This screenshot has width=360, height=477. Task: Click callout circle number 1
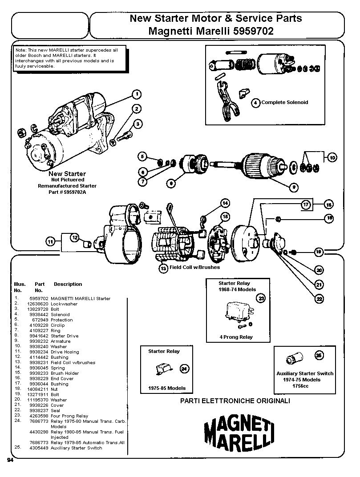pos(137,94)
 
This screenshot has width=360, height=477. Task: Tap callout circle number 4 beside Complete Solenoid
pos(256,103)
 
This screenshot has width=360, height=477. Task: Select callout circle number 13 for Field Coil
pos(164,268)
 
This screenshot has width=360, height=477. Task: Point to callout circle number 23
pos(261,298)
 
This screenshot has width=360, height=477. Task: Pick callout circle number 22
pos(319,299)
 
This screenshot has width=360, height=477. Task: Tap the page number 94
pos(10,460)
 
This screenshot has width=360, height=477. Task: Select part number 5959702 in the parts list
pos(39,299)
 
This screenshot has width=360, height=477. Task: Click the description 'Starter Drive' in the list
pos(65,336)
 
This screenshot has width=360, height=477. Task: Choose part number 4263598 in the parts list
pos(39,416)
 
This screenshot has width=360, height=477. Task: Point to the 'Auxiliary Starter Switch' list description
pos(76,448)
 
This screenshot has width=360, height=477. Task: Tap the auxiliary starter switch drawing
pos(294,357)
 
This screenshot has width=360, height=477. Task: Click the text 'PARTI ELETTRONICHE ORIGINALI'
pos(235,401)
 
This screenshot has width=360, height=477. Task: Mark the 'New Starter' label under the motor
pos(67,174)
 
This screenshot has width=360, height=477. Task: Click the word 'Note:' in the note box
pos(21,50)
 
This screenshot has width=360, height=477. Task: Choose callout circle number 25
pos(319,355)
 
